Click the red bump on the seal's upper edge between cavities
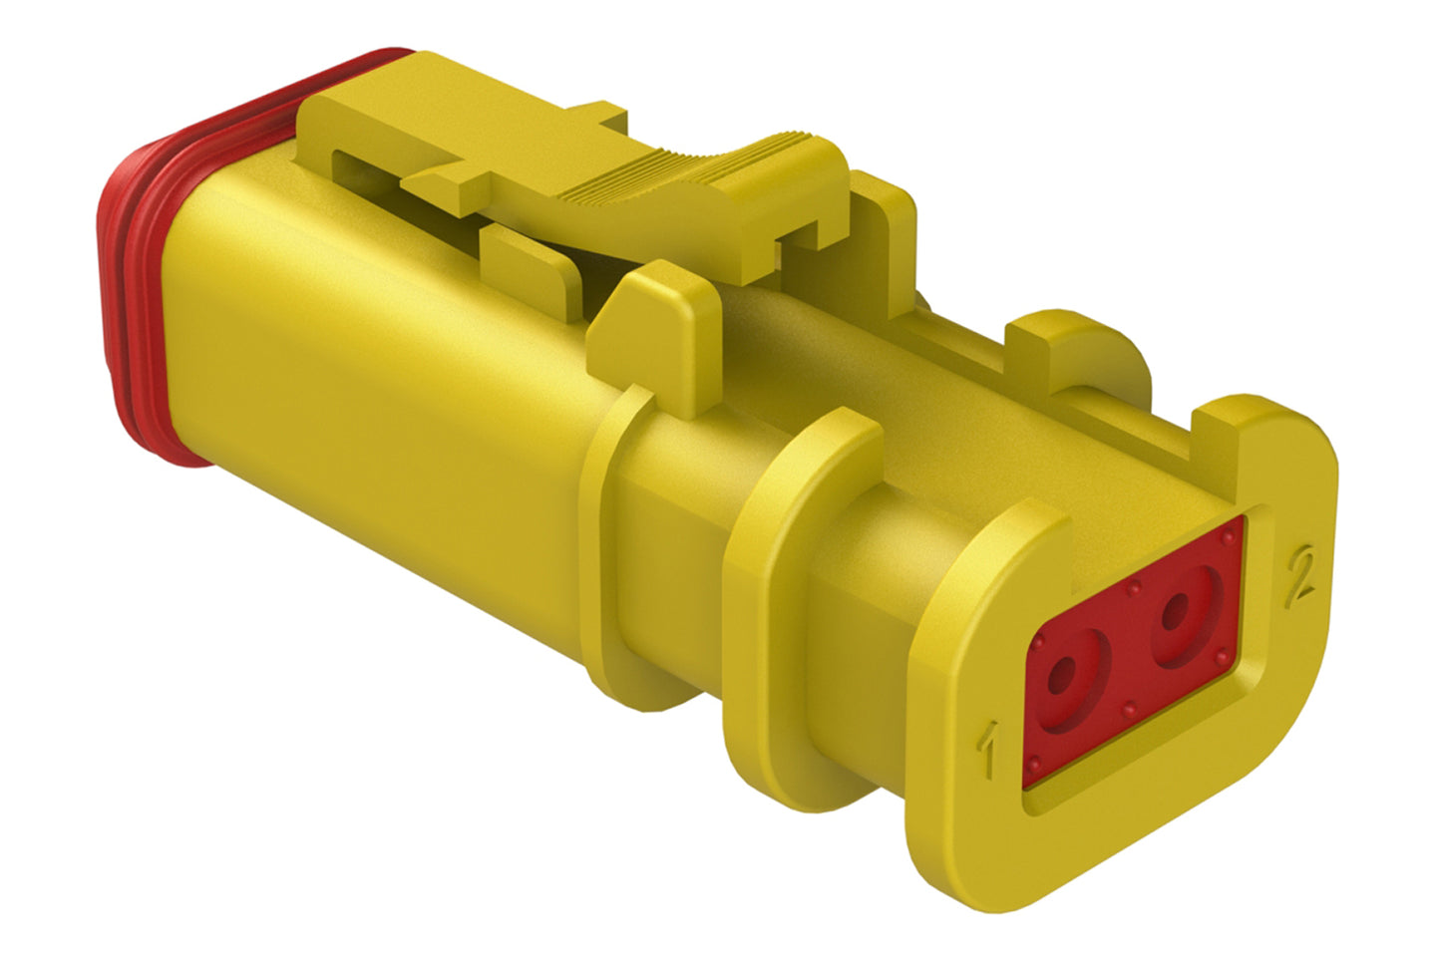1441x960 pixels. (1133, 588)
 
